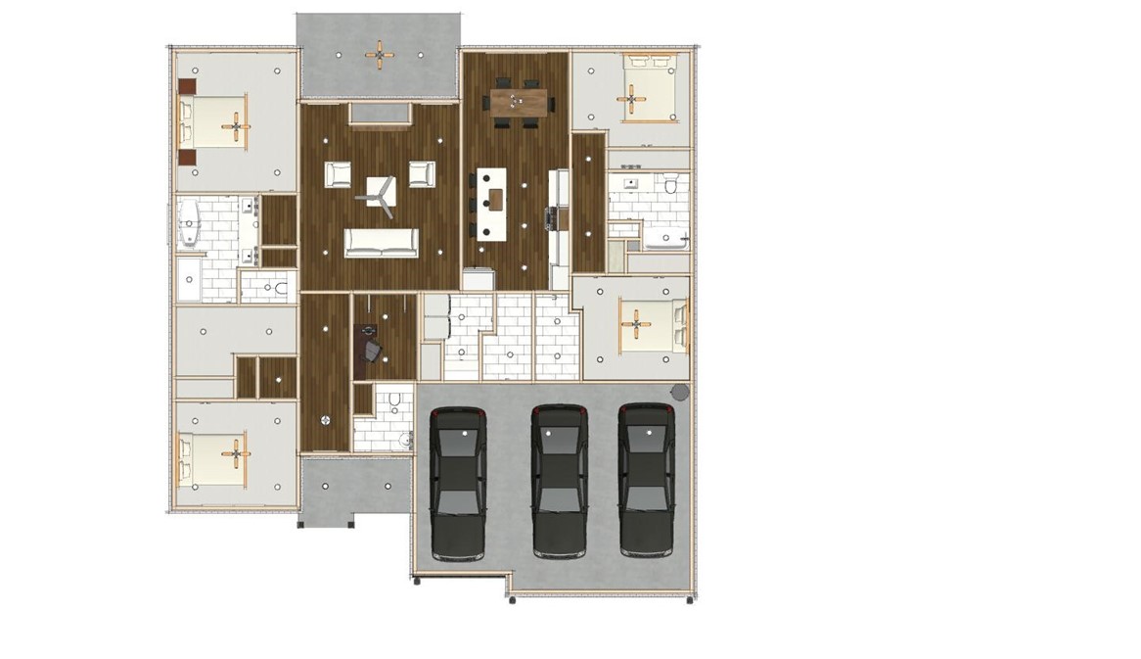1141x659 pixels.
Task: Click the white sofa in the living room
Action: click(x=381, y=243)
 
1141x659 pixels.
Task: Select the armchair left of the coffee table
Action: click(x=338, y=174)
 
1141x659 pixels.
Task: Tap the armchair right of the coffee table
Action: click(x=422, y=173)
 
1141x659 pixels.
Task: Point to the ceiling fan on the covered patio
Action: click(x=380, y=54)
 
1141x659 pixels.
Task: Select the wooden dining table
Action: click(x=519, y=101)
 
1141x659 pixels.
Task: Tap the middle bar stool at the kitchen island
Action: click(x=474, y=205)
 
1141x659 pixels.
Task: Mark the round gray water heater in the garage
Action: click(x=679, y=392)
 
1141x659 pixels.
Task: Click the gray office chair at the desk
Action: click(x=373, y=351)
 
